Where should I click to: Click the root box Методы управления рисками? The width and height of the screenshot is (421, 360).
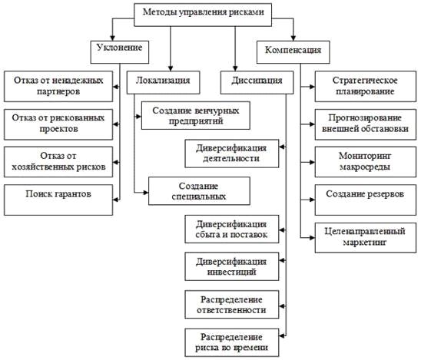coord(203,15)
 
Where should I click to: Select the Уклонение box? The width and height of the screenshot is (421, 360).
coord(120,52)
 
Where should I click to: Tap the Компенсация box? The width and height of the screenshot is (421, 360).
coord(293,52)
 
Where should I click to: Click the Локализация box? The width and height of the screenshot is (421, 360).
coord(163,82)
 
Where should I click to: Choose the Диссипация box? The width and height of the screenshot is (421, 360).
coord(257,82)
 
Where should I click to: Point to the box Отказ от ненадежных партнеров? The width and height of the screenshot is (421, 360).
coord(58,87)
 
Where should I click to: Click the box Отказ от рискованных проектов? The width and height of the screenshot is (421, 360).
coord(58,124)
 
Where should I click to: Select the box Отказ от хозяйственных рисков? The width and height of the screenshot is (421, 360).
coord(58,162)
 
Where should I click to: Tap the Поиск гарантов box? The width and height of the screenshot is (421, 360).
coord(58,200)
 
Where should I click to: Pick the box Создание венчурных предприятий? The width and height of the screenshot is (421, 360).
coord(196,115)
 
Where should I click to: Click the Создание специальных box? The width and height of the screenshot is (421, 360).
coord(199,190)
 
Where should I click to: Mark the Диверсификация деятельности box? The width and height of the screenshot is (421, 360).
coord(232,154)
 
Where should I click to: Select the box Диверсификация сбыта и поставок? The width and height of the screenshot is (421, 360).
coord(232,229)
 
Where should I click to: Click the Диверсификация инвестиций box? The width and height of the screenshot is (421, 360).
coord(232,266)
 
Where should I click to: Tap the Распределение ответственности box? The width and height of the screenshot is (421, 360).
coord(232,305)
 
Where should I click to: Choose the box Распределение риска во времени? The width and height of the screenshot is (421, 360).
coord(232,343)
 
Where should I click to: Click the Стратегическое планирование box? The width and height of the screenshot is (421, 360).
coord(366,87)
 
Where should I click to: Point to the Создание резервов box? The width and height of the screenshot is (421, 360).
coord(366,200)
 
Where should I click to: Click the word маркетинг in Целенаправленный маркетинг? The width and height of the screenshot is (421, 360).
coord(365,243)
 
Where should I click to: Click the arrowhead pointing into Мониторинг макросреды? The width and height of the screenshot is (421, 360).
coord(312,162)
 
